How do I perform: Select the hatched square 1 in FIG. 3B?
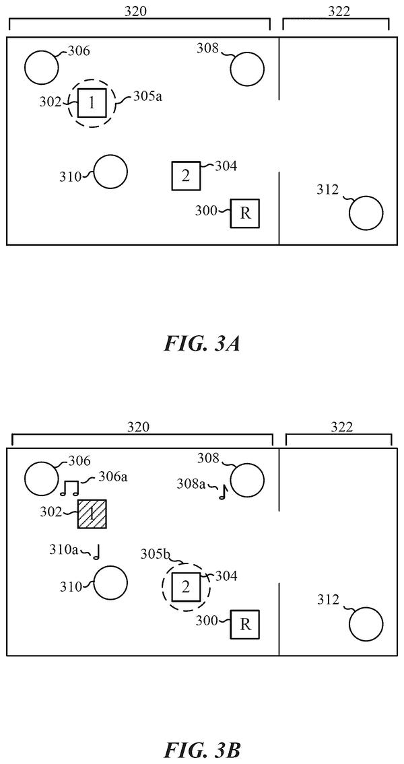[92, 514]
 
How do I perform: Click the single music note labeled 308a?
[224, 493]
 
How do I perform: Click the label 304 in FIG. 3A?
[227, 167]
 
